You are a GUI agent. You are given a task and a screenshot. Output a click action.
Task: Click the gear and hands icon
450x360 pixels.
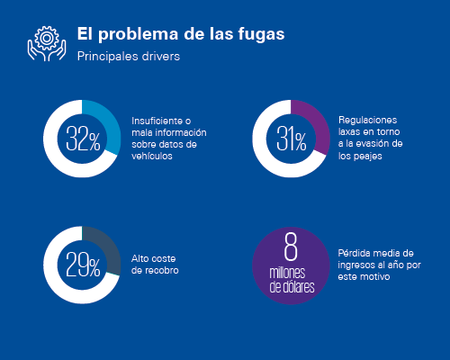pos(47,43)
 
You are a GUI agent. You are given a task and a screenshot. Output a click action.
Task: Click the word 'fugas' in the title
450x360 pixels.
pos(261,34)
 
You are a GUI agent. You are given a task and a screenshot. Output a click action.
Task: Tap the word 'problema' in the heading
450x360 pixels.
pos(139,34)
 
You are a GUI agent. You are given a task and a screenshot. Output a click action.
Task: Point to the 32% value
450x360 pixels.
pos(83,139)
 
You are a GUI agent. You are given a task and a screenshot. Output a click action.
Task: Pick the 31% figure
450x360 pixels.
pos(292,139)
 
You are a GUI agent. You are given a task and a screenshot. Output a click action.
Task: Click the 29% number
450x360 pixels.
pos(83,265)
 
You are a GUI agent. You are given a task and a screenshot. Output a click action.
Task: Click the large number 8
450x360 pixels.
pos(291,247)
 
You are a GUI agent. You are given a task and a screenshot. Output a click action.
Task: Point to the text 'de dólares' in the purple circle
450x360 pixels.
pos(292,286)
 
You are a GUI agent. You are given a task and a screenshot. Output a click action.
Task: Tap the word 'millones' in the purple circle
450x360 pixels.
pos(287,273)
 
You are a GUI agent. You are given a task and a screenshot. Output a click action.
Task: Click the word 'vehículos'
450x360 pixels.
pos(152,156)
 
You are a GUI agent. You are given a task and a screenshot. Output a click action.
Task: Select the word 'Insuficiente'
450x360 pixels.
pos(157,121)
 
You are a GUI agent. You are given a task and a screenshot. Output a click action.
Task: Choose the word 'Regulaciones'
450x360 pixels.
pos(367,120)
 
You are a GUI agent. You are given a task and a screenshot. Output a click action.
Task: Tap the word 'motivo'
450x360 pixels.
pos(376,276)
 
